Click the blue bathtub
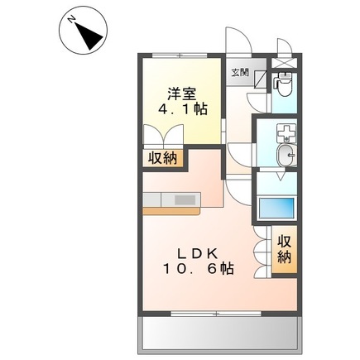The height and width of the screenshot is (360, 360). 277,208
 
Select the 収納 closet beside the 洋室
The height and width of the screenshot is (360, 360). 161,157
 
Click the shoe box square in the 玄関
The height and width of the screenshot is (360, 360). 258,80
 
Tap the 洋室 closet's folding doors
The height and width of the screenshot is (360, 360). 160,136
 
